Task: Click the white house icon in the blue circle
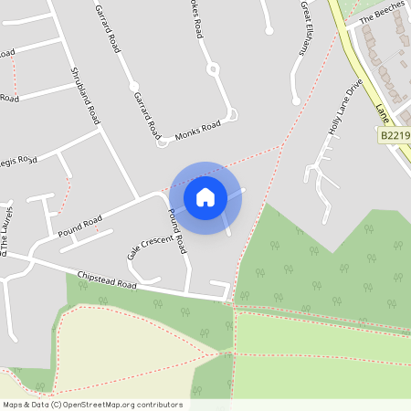click(205, 196)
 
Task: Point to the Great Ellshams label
click(304, 27)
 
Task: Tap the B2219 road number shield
click(394, 135)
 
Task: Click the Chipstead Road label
click(107, 279)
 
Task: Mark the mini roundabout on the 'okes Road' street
click(213, 68)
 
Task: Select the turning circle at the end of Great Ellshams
click(295, 101)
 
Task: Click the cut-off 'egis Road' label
click(18, 161)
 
